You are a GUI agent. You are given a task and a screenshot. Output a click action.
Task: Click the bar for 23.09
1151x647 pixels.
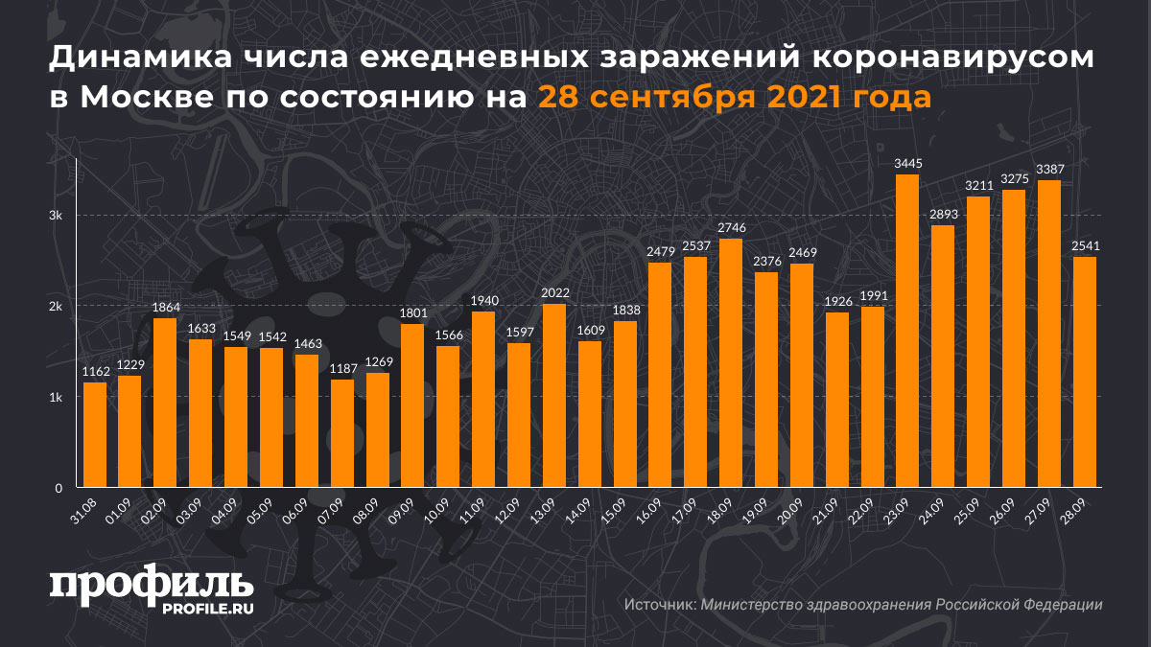pyautogui.click(x=906, y=331)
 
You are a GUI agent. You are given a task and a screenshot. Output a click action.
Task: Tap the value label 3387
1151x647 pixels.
pyautogui.click(x=1049, y=169)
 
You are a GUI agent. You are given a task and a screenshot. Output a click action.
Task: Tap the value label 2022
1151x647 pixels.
pyautogui.click(x=554, y=293)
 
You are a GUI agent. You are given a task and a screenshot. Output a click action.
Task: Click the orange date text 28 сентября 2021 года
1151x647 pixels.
pyautogui.click(x=733, y=98)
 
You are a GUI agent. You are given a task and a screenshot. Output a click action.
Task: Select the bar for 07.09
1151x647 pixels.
pyautogui.click(x=342, y=433)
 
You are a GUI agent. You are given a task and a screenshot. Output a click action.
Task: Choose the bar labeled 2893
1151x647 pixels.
pyautogui.click(x=943, y=356)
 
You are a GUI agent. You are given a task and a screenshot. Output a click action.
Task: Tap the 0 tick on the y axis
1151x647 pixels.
pyautogui.click(x=59, y=487)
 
